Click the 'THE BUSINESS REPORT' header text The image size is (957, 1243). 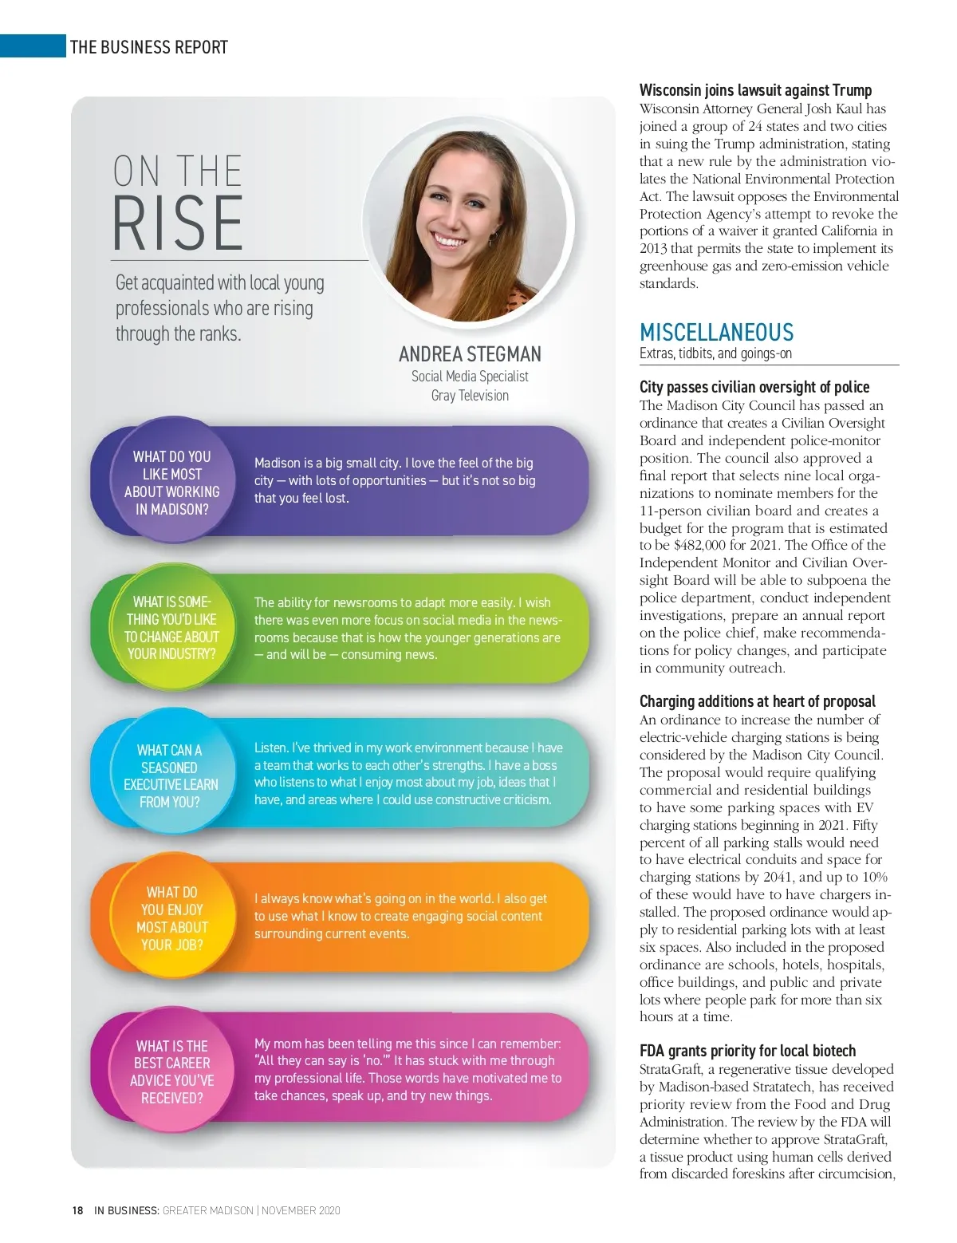click(x=148, y=47)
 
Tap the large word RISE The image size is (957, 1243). click(x=177, y=223)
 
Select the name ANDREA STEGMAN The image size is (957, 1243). click(x=470, y=354)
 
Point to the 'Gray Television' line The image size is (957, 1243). click(x=470, y=396)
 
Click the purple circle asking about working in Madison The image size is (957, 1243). click(x=171, y=483)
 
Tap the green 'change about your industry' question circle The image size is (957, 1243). click(x=171, y=628)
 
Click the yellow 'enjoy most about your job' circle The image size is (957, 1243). click(x=171, y=918)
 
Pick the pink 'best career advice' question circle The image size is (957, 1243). click(x=172, y=1071)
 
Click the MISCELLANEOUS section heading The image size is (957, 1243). click(x=716, y=333)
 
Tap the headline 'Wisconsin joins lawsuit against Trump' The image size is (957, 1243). click(x=755, y=90)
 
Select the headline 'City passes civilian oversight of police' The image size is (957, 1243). click(x=754, y=387)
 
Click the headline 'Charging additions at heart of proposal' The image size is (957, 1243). click(x=757, y=701)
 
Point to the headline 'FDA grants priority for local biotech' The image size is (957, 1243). click(x=747, y=1051)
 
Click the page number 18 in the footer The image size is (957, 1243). click(x=77, y=1210)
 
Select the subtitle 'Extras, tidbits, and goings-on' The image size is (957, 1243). click(x=715, y=353)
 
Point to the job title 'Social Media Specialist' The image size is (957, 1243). click(x=470, y=377)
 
